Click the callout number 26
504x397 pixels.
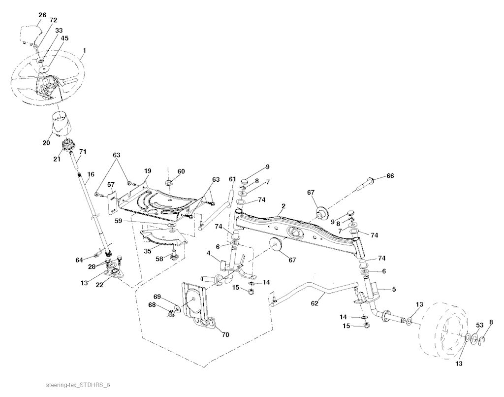click(42, 15)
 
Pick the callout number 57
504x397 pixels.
click(111, 185)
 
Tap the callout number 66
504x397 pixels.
click(390, 176)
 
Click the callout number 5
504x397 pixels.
click(393, 289)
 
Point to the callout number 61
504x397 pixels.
click(232, 178)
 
